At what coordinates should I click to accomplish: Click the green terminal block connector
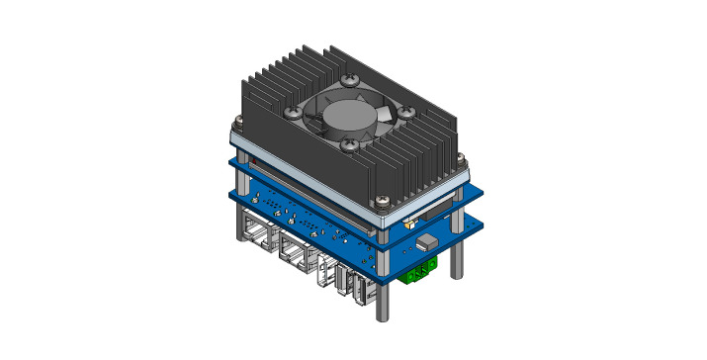420,270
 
